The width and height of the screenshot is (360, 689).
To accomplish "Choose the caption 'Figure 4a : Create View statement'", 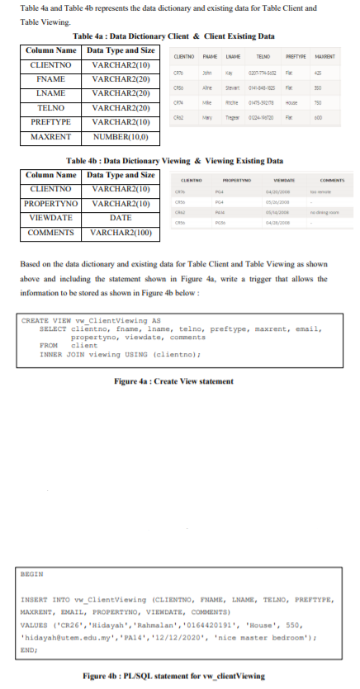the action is (174, 380).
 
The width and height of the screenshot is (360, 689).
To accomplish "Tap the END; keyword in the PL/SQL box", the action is (29, 649).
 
